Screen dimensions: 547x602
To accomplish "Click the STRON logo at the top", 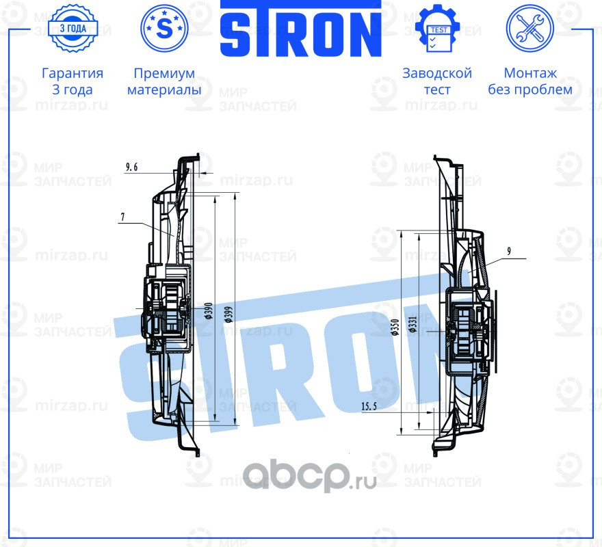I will tap(300, 29).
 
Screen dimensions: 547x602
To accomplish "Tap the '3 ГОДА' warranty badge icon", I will tap(73, 29).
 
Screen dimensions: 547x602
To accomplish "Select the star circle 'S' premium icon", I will tap(164, 29).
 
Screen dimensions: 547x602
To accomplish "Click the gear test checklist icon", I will tap(438, 29).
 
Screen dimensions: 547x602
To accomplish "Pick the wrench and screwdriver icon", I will tap(529, 29).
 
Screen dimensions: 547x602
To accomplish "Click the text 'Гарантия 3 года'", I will tap(73, 81).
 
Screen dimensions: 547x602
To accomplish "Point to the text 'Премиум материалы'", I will tap(164, 81).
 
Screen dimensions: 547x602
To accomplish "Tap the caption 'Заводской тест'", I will tap(437, 81).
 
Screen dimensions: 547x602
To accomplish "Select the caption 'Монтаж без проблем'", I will tap(529, 81).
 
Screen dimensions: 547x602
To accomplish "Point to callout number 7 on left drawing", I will tap(122, 217).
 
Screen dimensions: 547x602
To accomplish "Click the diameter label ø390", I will tap(206, 312).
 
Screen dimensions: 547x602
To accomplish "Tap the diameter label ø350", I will tap(395, 328).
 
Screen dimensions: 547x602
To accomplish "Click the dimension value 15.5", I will tap(371, 407).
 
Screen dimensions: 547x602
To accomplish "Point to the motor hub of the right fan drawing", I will tap(469, 331).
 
